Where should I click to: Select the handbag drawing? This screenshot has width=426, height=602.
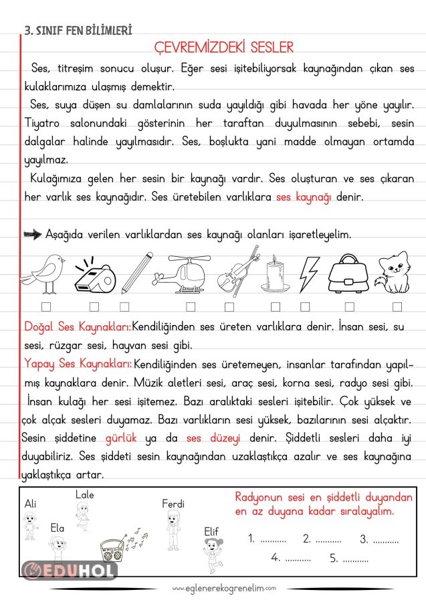click(x=350, y=273)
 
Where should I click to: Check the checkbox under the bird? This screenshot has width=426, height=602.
click(x=46, y=307)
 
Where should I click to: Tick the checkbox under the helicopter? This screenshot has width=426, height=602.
click(x=191, y=307)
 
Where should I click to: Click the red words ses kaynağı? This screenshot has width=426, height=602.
click(x=304, y=197)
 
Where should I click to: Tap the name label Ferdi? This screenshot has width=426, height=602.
click(x=173, y=504)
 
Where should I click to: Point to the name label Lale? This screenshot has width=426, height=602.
click(x=85, y=495)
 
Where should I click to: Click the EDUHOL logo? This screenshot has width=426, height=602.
click(x=70, y=571)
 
